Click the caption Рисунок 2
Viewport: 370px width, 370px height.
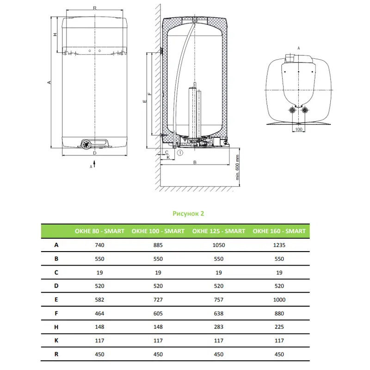point(188,214)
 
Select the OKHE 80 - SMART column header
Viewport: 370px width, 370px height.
point(99,231)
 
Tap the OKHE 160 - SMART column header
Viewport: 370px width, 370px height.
point(279,231)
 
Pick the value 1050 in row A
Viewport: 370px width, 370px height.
point(218,245)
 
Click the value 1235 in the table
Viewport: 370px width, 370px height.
point(279,245)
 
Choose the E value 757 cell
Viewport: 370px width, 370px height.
point(218,300)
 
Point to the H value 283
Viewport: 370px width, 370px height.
point(218,327)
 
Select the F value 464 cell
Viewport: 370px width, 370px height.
point(99,314)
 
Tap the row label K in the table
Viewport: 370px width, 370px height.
point(56,340)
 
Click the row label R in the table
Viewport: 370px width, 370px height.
point(56,354)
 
